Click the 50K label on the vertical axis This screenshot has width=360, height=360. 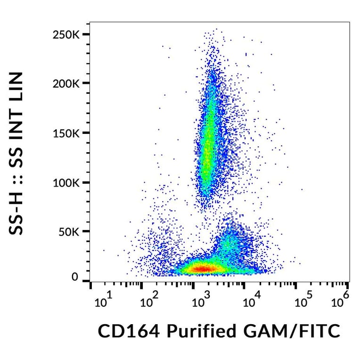(70, 231)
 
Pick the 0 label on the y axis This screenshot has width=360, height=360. (75, 277)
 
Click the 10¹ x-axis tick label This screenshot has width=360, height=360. (104, 300)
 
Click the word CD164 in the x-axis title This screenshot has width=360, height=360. (126, 331)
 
